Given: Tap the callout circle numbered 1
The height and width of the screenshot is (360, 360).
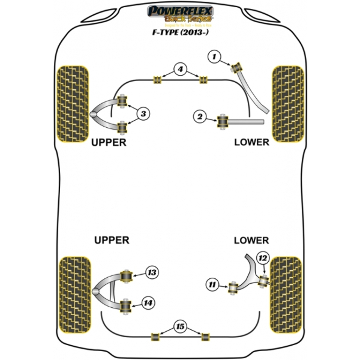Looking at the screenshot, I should (x=213, y=56).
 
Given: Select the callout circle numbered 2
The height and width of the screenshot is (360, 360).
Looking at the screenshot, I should (x=200, y=117).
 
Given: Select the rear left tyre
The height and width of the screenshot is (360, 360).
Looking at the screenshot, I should (x=74, y=293).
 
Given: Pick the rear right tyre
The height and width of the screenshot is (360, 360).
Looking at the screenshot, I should (x=286, y=293).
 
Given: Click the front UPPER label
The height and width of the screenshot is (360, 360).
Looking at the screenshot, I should (x=109, y=143).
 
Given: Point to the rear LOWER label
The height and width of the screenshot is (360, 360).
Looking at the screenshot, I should (x=251, y=241).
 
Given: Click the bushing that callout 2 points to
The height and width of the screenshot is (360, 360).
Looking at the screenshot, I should (x=224, y=121).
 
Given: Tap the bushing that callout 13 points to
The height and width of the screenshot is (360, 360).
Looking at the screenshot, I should (x=127, y=276).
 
